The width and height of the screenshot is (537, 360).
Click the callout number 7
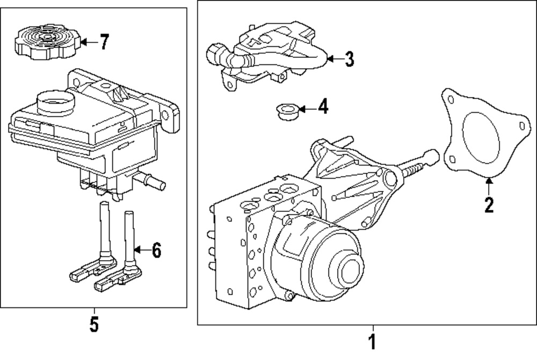[104, 42]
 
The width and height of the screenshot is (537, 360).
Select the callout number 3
[349, 59]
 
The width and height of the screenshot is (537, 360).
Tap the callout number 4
[322, 108]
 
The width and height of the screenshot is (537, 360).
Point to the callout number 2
[488, 205]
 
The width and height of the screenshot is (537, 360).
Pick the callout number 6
[156, 249]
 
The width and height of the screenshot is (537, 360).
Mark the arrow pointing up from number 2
[488, 185]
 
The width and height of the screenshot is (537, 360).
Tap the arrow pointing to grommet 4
[307, 109]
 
